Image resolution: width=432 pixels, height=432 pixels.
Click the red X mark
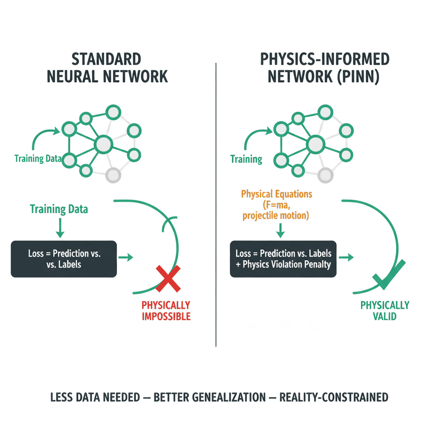168,279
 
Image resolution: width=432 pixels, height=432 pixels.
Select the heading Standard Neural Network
107,68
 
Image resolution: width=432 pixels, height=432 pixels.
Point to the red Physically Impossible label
166,310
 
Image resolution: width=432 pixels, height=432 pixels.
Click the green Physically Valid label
385,310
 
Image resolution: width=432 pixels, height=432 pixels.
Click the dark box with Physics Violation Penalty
283,259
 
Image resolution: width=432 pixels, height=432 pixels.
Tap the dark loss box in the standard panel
64,259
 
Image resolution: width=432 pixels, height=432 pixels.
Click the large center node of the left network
103,145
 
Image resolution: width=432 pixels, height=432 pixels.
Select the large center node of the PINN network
314,145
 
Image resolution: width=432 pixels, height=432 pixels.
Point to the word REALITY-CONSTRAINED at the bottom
335,397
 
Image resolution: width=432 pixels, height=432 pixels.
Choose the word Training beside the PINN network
246,159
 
